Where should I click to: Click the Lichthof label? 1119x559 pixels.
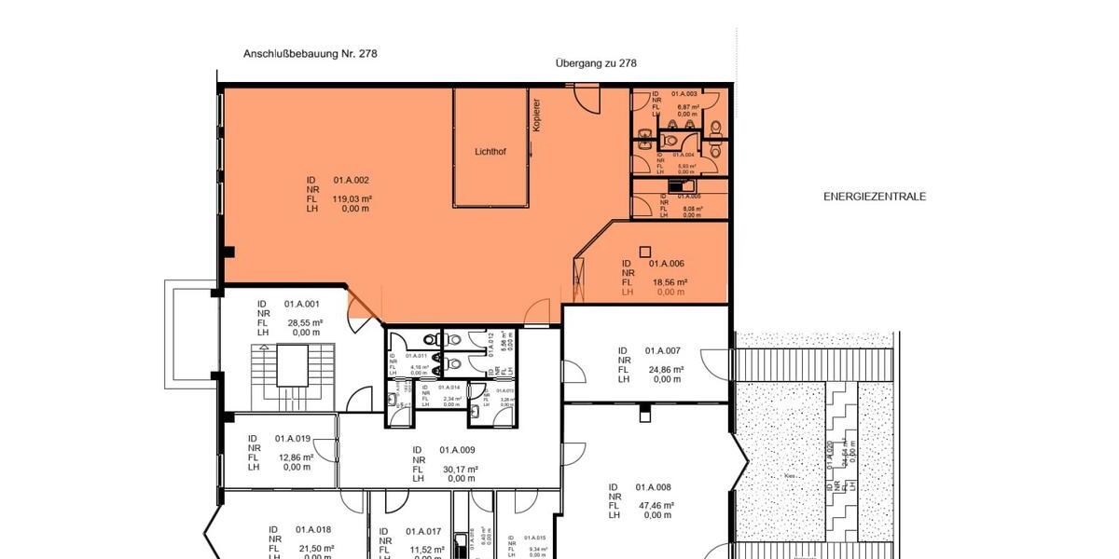(x=491, y=151)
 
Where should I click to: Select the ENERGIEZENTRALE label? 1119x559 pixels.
(x=875, y=197)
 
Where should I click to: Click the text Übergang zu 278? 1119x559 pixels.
(x=596, y=63)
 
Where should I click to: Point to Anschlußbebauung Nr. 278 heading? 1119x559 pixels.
(x=311, y=54)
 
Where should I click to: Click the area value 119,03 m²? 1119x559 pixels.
(x=352, y=198)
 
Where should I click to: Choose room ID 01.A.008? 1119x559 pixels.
(x=655, y=487)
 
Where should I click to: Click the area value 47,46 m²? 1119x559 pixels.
(x=656, y=506)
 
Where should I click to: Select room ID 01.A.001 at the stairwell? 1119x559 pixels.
(x=302, y=304)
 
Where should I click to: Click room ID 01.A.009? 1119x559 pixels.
(x=457, y=450)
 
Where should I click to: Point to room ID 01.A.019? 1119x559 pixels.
(x=293, y=438)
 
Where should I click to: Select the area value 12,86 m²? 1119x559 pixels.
(x=296, y=457)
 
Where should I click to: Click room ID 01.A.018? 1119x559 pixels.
(x=313, y=529)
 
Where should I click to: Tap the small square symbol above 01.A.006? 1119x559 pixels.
(x=644, y=251)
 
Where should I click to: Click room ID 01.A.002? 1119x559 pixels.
(x=352, y=180)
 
